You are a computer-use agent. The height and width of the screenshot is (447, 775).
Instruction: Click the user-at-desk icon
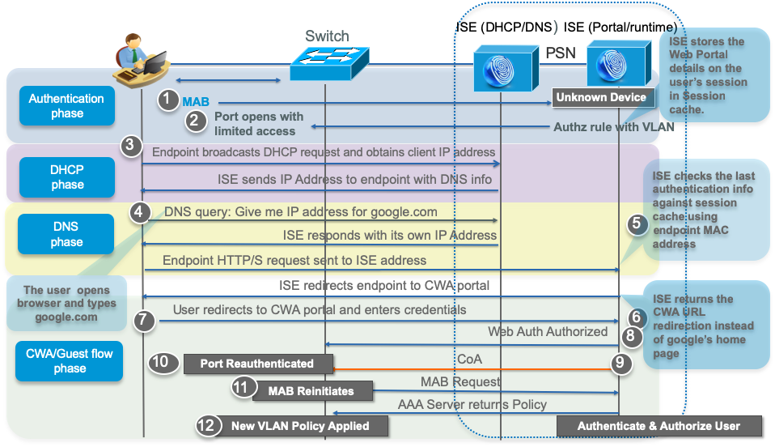(x=141, y=60)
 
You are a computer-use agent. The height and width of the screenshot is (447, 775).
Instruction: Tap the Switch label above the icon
(x=327, y=36)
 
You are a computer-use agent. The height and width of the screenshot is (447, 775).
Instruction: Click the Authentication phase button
(x=66, y=106)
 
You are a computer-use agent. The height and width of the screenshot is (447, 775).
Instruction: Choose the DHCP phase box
(x=66, y=177)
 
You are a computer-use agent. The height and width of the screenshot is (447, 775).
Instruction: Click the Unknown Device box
(x=601, y=97)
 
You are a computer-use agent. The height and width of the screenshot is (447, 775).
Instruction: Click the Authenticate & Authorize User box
(x=659, y=425)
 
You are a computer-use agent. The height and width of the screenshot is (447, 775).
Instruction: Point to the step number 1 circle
(x=167, y=100)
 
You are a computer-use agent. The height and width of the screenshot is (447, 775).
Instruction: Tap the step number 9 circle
(x=620, y=364)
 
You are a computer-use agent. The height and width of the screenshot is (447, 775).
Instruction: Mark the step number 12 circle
(x=209, y=424)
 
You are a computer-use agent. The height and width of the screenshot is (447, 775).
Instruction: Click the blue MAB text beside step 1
(x=196, y=102)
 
